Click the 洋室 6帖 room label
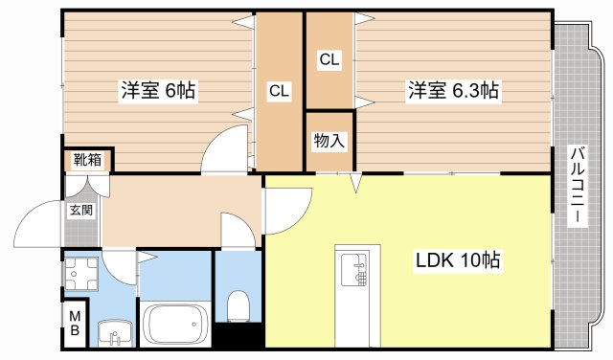(158, 91)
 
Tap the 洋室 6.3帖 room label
(453, 91)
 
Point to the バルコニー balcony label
(578, 185)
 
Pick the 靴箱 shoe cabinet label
(87, 161)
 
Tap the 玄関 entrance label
(80, 210)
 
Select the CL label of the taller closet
(279, 91)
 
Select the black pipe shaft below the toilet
(238, 337)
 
